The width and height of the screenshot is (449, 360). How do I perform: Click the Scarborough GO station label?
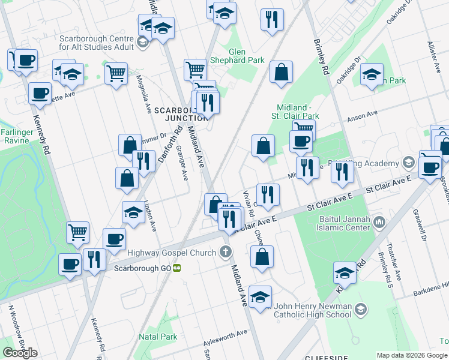(x=142, y=268)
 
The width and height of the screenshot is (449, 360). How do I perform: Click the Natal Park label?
(x=158, y=337)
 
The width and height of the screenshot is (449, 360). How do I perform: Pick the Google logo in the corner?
(x=20, y=353)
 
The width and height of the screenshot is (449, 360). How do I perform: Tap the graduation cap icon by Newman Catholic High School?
(x=360, y=309)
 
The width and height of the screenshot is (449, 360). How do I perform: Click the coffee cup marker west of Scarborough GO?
(x=70, y=264)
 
